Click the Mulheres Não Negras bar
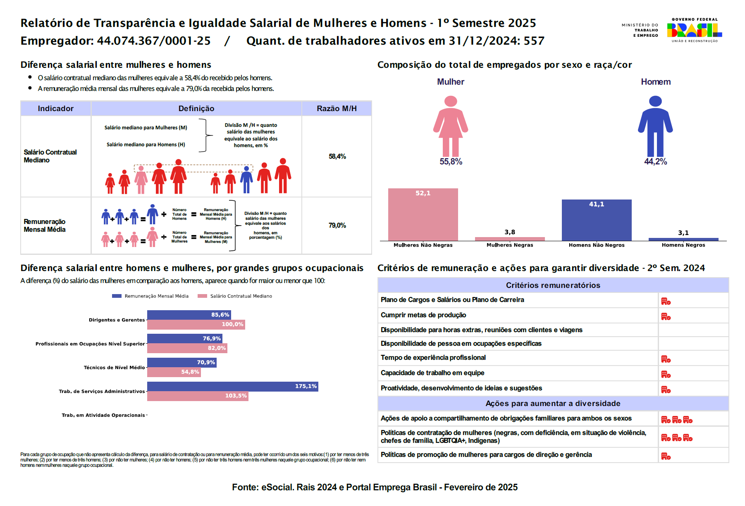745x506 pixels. [x=423, y=215]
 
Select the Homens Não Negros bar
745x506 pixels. [x=596, y=220]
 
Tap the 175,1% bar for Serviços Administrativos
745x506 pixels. [x=232, y=387]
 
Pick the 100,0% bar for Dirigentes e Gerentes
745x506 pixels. [x=196, y=325]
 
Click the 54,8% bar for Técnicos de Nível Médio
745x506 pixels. [x=174, y=372]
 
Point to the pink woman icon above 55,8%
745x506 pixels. [x=450, y=126]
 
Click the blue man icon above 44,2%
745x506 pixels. [x=655, y=126]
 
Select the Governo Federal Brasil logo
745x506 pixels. [x=694, y=30]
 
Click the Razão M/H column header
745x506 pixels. [x=337, y=109]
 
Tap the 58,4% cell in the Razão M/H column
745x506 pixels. [x=337, y=157]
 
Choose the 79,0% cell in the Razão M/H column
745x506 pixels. [x=337, y=226]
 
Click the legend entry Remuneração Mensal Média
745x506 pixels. [x=150, y=296]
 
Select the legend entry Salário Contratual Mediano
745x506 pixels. [x=235, y=296]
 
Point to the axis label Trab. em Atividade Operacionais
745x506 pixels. [x=103, y=416]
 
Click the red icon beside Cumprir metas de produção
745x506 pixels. [x=666, y=317]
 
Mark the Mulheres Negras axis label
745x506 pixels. [x=510, y=245]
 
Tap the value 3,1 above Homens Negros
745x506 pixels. [x=683, y=233]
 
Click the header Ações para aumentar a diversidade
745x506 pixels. [x=553, y=404]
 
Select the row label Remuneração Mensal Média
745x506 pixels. [x=45, y=226]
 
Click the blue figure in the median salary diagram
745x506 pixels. [x=246, y=179]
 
